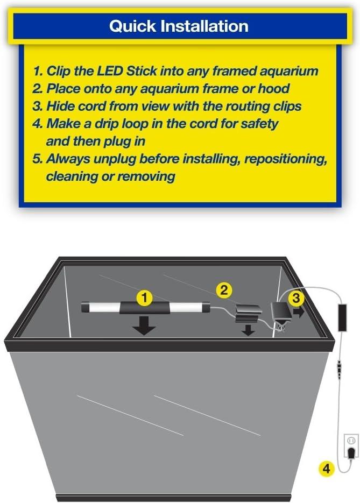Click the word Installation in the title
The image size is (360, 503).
pos(204,26)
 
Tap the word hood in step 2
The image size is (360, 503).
pos(274,89)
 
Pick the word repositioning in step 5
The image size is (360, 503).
pos(286,159)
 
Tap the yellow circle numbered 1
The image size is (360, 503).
pos(144,298)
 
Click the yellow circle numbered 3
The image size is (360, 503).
pos(296,298)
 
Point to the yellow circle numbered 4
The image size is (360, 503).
pos(326,469)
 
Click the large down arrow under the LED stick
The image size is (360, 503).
pos(144,325)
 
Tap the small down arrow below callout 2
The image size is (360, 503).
pos(248,330)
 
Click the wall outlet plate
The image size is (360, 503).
pos(351,446)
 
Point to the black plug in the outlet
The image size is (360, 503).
pos(351,452)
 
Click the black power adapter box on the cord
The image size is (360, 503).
pos(342,317)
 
